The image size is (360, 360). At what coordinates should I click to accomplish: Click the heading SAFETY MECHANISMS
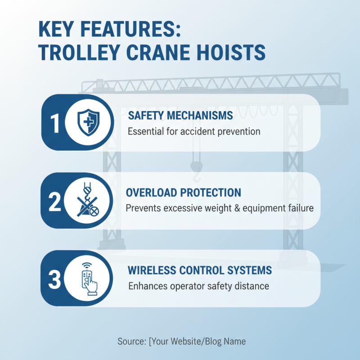click(180, 116)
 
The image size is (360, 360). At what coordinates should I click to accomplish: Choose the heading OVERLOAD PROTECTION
click(183, 193)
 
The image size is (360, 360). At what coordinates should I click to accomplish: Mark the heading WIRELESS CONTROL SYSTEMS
click(200, 270)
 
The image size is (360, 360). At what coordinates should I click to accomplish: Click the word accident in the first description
click(205, 132)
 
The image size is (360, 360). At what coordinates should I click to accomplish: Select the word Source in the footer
click(131, 341)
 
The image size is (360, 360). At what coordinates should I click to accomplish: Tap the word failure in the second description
click(301, 209)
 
